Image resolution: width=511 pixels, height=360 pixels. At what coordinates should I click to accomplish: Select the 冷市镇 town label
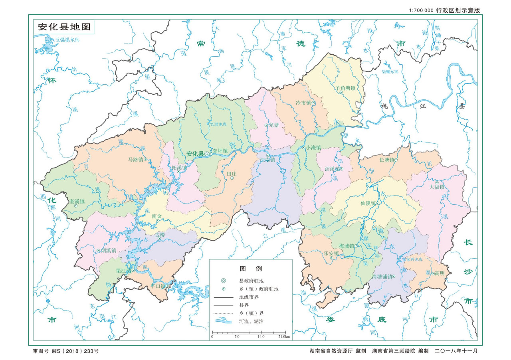pyautogui.click(x=303, y=103)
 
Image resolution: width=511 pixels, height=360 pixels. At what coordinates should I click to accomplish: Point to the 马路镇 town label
pyautogui.click(x=135, y=159)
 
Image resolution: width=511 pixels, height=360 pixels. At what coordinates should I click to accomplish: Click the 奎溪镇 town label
pyautogui.click(x=77, y=201)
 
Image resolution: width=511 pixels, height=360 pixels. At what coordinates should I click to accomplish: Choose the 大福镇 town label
pyautogui.click(x=437, y=187)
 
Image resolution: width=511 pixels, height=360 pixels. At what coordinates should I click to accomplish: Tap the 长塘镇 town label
pyautogui.click(x=386, y=160)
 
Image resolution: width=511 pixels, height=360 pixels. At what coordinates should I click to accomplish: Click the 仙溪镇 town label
pyautogui.click(x=368, y=203)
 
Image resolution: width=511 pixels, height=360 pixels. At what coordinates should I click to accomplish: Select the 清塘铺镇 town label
pyautogui.click(x=382, y=276)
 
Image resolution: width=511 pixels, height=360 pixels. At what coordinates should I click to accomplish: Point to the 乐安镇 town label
pyautogui.click(x=331, y=253)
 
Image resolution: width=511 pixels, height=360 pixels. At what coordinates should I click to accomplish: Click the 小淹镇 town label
pyautogui.click(x=313, y=147)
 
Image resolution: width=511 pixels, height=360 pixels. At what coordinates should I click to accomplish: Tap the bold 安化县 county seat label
pyautogui.click(x=195, y=153)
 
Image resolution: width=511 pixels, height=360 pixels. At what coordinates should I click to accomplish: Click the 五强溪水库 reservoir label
pyautogui.click(x=67, y=40)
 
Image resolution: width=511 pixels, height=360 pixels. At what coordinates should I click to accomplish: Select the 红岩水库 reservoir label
pyautogui.click(x=218, y=124)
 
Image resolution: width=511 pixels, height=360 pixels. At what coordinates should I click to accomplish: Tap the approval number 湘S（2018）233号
pyautogui.click(x=76, y=351)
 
